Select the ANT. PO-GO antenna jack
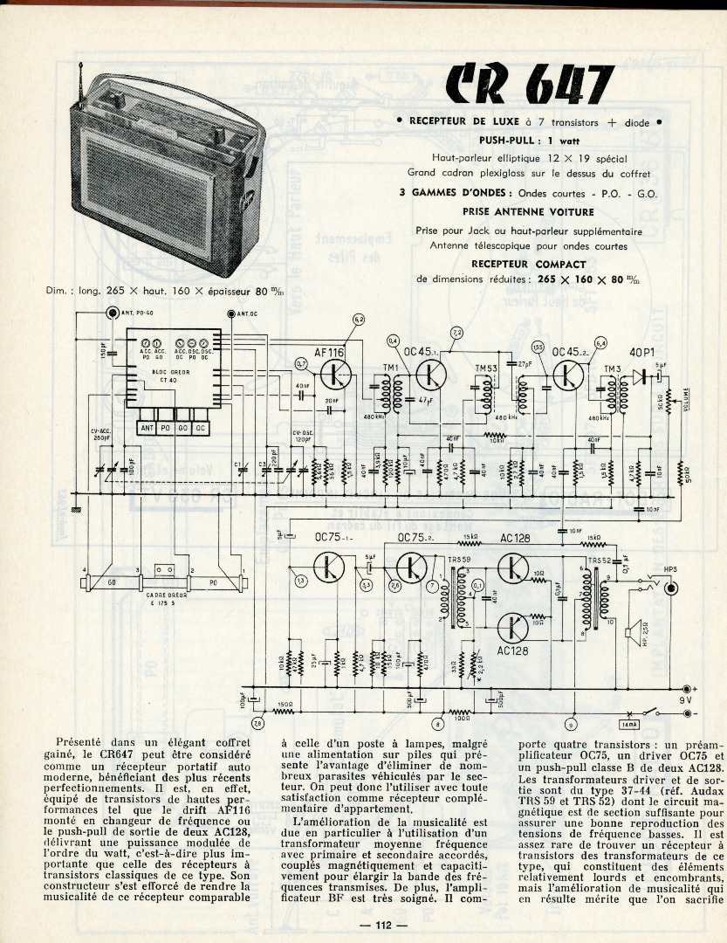click(111, 313)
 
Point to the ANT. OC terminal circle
click(230, 313)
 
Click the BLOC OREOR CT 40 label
click(171, 375)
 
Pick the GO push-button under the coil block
click(183, 428)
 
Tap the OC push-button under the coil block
click(201, 428)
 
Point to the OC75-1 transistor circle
click(331, 567)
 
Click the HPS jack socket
click(671, 587)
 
